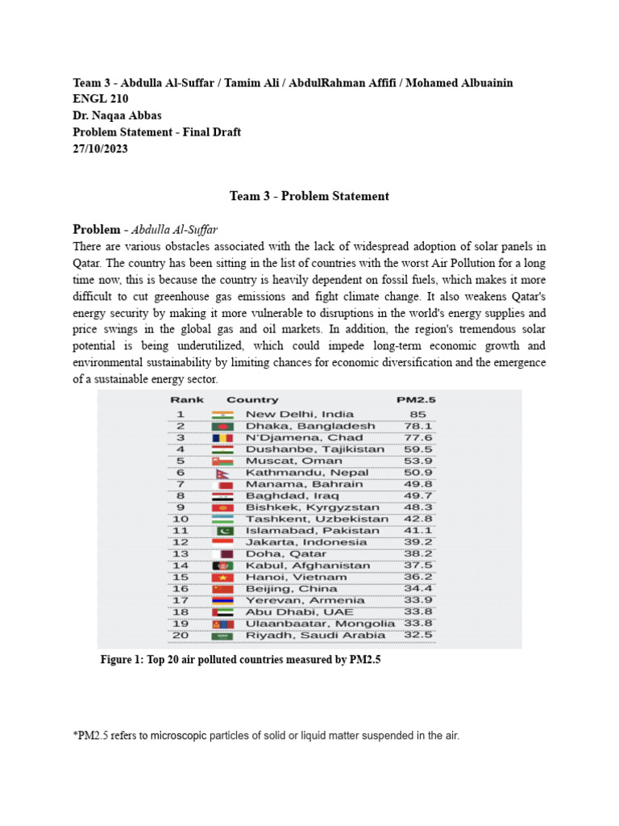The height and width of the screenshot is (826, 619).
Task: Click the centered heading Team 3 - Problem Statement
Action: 309,196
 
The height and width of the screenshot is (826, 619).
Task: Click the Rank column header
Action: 186,400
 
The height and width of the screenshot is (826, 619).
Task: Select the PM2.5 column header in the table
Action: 415,400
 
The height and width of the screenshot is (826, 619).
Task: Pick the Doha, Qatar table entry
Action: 285,554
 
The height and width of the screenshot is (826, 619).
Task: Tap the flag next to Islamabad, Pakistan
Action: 222,531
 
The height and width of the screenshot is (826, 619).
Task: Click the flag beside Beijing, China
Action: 222,589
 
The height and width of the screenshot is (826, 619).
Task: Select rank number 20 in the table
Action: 181,636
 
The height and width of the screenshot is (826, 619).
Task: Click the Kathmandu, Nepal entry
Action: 306,473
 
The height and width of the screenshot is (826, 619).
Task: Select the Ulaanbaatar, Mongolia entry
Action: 319,624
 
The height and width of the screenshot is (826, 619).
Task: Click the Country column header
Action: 252,400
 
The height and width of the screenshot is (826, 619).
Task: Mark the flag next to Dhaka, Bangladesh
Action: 222,426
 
